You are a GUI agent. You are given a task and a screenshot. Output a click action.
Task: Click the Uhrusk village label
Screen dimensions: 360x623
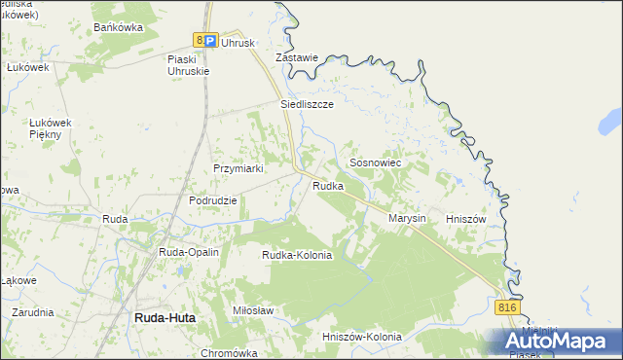pyautogui.click(x=238, y=43)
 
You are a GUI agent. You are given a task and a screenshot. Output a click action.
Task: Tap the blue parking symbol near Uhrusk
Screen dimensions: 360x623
pyautogui.click(x=210, y=40)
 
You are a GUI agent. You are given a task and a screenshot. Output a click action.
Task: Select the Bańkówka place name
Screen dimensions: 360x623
pyautogui.click(x=119, y=27)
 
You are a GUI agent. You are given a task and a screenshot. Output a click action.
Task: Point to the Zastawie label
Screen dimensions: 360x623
pyautogui.click(x=297, y=57)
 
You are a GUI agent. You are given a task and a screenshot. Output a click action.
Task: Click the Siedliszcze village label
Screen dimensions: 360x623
pyautogui.click(x=308, y=103)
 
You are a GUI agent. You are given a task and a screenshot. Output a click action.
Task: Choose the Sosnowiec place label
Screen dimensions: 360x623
pyautogui.click(x=375, y=164)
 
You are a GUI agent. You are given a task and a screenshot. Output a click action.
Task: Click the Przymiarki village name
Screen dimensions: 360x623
pyautogui.click(x=239, y=168)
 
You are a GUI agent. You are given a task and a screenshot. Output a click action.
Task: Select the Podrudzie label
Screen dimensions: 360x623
pyautogui.click(x=213, y=200)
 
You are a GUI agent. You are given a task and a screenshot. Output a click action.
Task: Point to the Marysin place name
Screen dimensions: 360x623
pyautogui.click(x=408, y=219)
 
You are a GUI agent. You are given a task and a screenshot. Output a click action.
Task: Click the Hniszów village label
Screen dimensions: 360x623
pyautogui.click(x=464, y=220)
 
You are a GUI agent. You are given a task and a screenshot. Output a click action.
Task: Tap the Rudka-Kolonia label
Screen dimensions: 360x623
pyautogui.click(x=297, y=255)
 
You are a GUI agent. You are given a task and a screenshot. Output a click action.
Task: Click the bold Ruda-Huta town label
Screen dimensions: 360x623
pyautogui.click(x=165, y=317)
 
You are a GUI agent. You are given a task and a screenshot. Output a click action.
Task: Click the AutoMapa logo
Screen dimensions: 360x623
pyautogui.click(x=563, y=340)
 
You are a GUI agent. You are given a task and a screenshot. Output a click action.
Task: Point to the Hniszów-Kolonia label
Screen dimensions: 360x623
pyautogui.click(x=361, y=337)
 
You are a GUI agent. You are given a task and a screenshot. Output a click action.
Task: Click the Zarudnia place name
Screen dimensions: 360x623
pyautogui.click(x=33, y=312)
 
